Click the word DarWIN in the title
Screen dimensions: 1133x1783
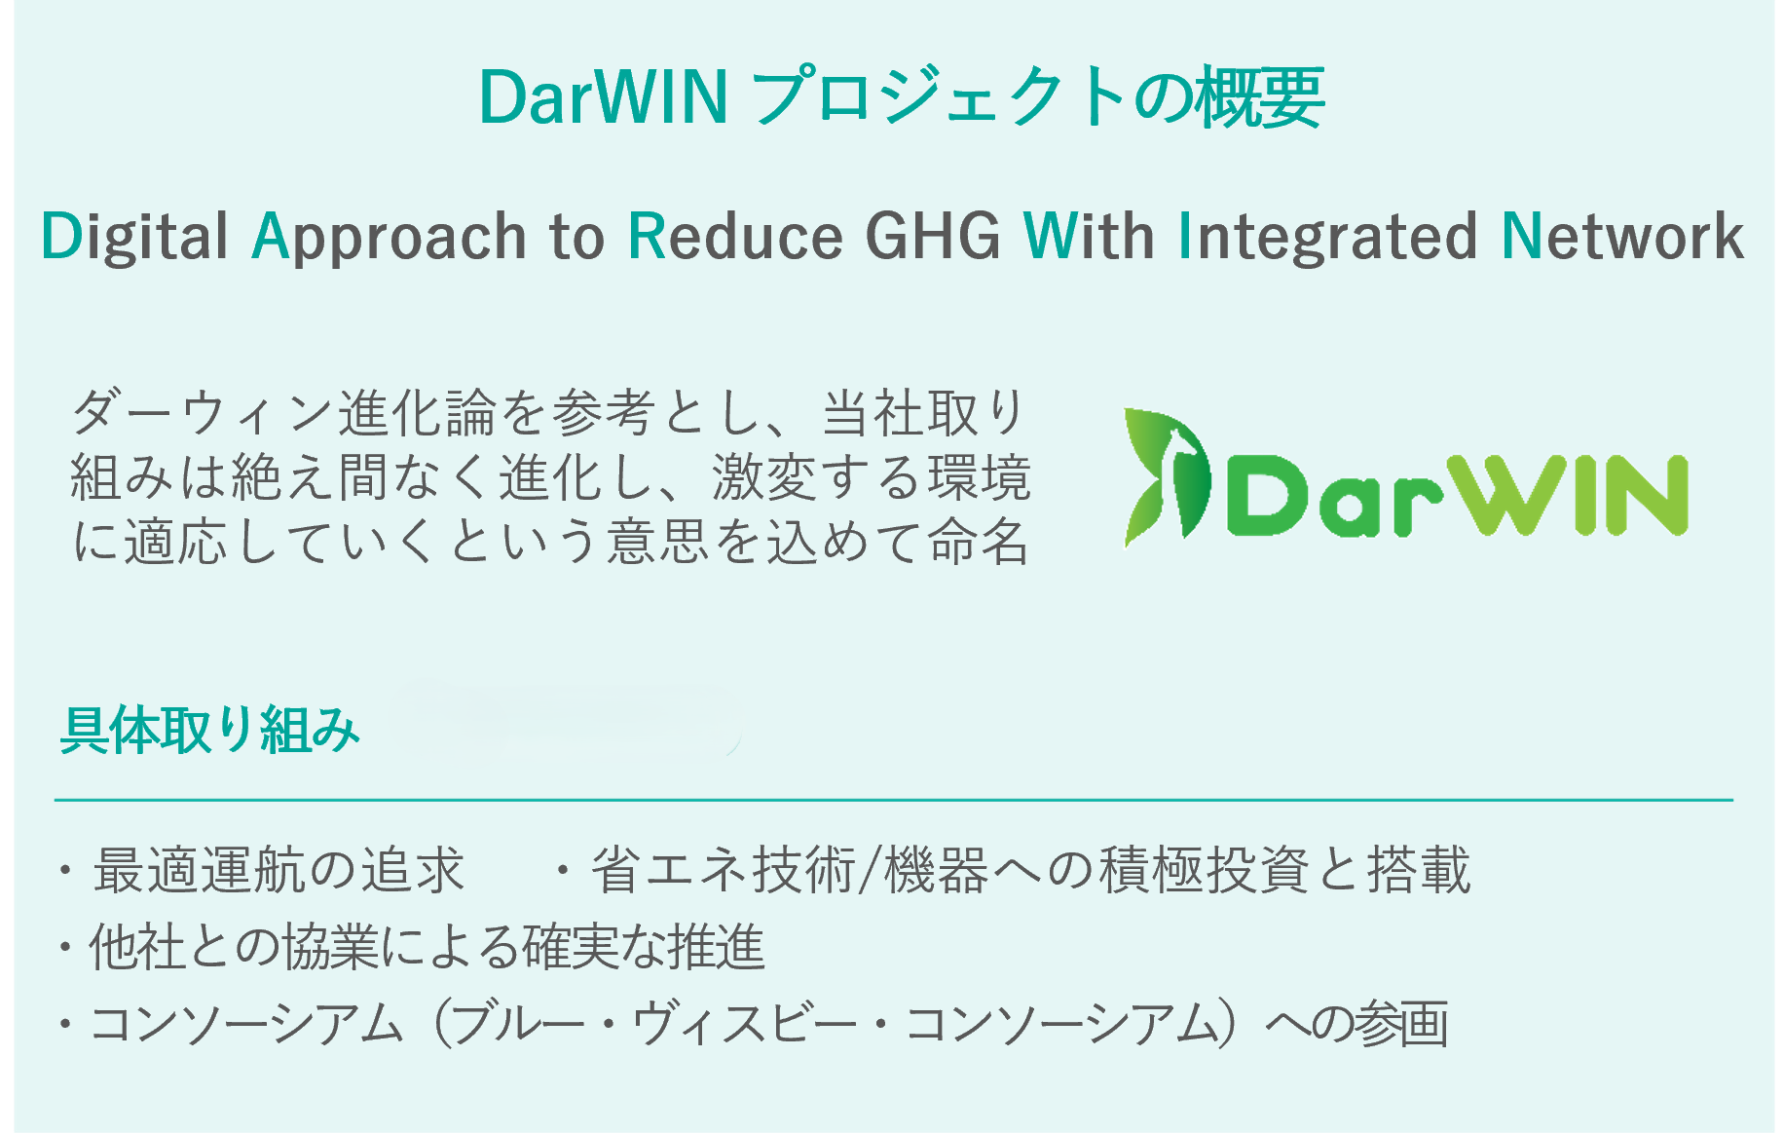[603, 97]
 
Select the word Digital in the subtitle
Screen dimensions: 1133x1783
[134, 237]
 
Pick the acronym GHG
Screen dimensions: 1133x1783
[933, 237]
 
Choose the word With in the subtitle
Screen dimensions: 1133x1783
[1089, 237]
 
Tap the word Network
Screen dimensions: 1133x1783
[1622, 237]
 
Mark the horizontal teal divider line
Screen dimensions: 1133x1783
[893, 800]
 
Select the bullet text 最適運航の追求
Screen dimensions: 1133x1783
[278, 870]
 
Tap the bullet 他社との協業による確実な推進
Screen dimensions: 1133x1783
[427, 947]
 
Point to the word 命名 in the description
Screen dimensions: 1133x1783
[979, 542]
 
